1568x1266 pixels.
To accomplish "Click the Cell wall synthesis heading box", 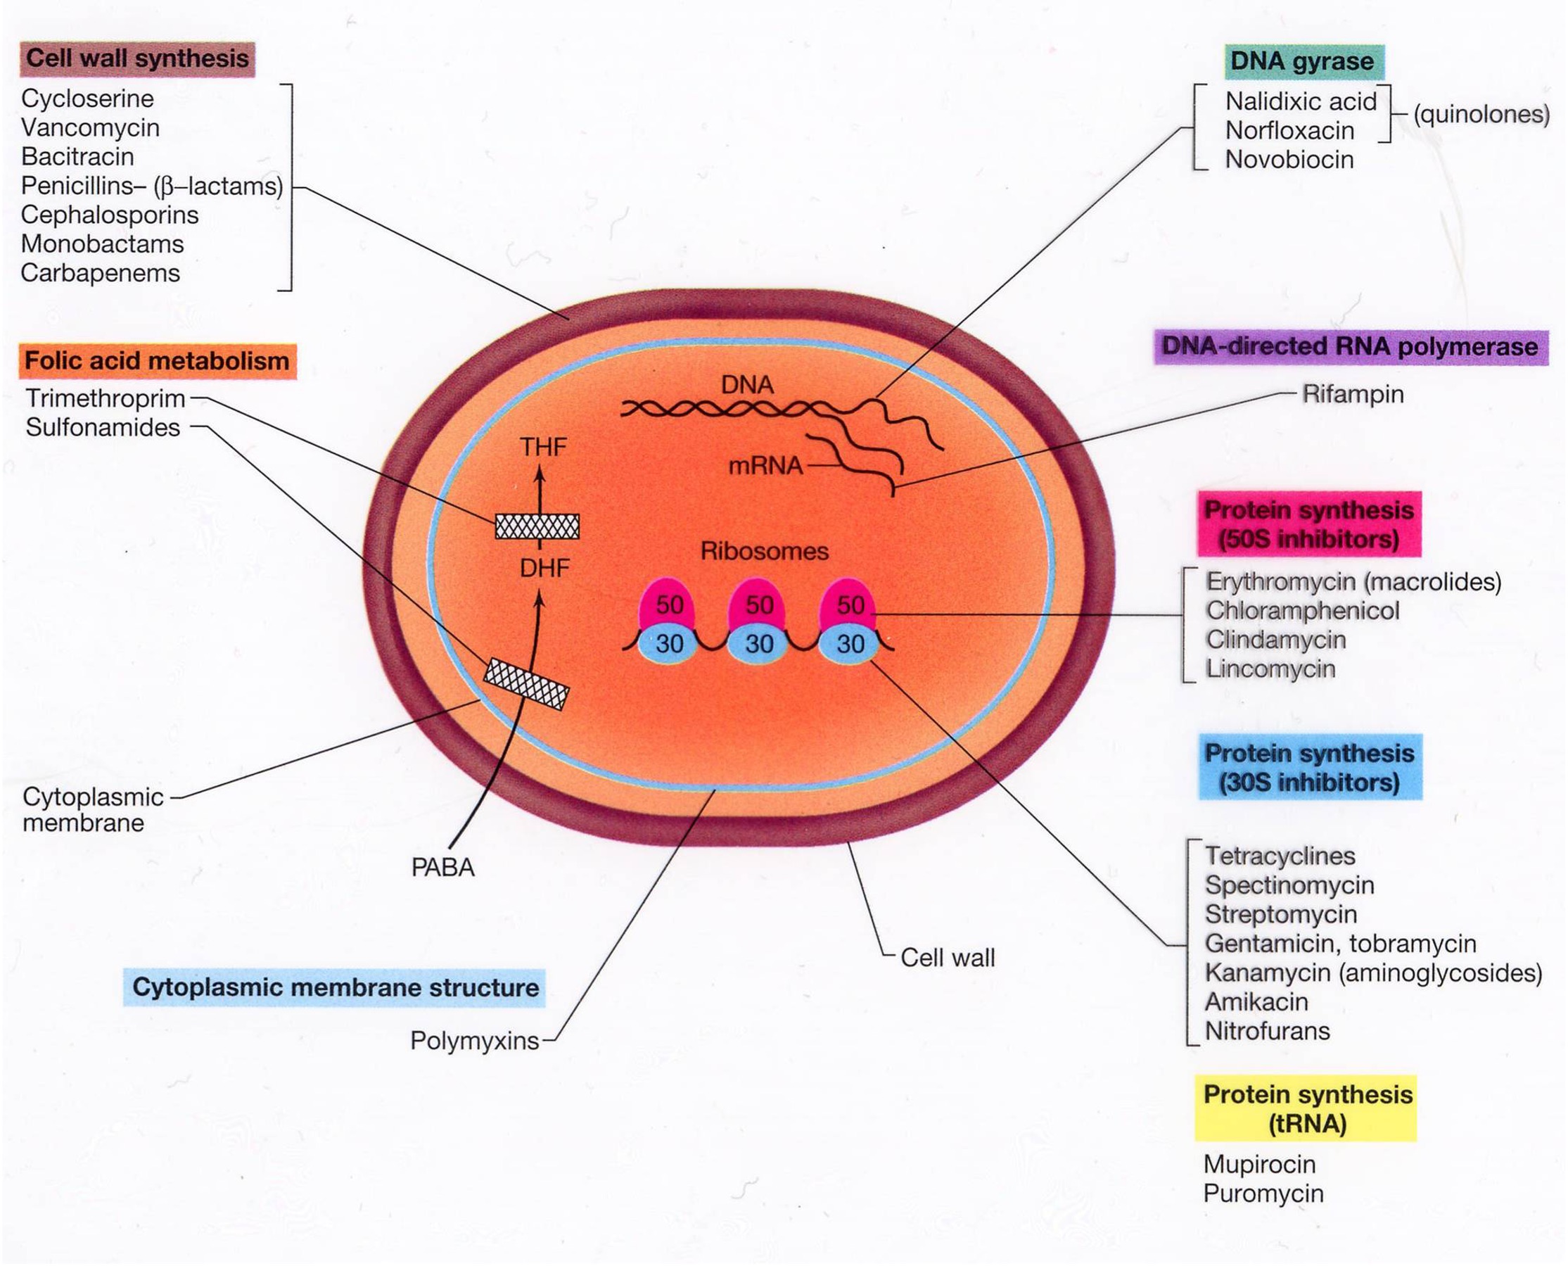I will pyautogui.click(x=137, y=59).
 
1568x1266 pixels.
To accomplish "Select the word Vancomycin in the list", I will pyautogui.click(x=89, y=127).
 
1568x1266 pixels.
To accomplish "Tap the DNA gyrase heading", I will pyautogui.click(x=1302, y=61).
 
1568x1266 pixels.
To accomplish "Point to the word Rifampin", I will pyautogui.click(x=1352, y=395).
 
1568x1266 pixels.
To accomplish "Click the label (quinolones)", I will pyautogui.click(x=1481, y=115).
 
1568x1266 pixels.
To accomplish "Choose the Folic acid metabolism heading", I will pyautogui.click(x=157, y=361).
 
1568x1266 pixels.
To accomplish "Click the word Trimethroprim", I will pyautogui.click(x=105, y=399).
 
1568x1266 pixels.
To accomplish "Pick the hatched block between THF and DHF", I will pyautogui.click(x=537, y=526).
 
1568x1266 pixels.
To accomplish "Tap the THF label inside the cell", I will pyautogui.click(x=542, y=447).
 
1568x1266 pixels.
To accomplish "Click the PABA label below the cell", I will pyautogui.click(x=442, y=868).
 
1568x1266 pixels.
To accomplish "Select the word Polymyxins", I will pyautogui.click(x=475, y=1041).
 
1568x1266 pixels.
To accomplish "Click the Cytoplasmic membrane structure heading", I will pyautogui.click(x=335, y=987).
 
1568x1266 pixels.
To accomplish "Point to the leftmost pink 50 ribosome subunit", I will pyautogui.click(x=668, y=603).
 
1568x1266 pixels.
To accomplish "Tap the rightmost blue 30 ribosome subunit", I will pyautogui.click(x=850, y=644).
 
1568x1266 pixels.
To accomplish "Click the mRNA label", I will pyautogui.click(x=765, y=465).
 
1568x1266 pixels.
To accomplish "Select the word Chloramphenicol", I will pyautogui.click(x=1302, y=610).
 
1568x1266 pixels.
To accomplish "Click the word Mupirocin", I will pyautogui.click(x=1259, y=1164).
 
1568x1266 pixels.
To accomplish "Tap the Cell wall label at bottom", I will pyautogui.click(x=947, y=958).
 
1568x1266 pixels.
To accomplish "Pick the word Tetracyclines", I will pyautogui.click(x=1280, y=856).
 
